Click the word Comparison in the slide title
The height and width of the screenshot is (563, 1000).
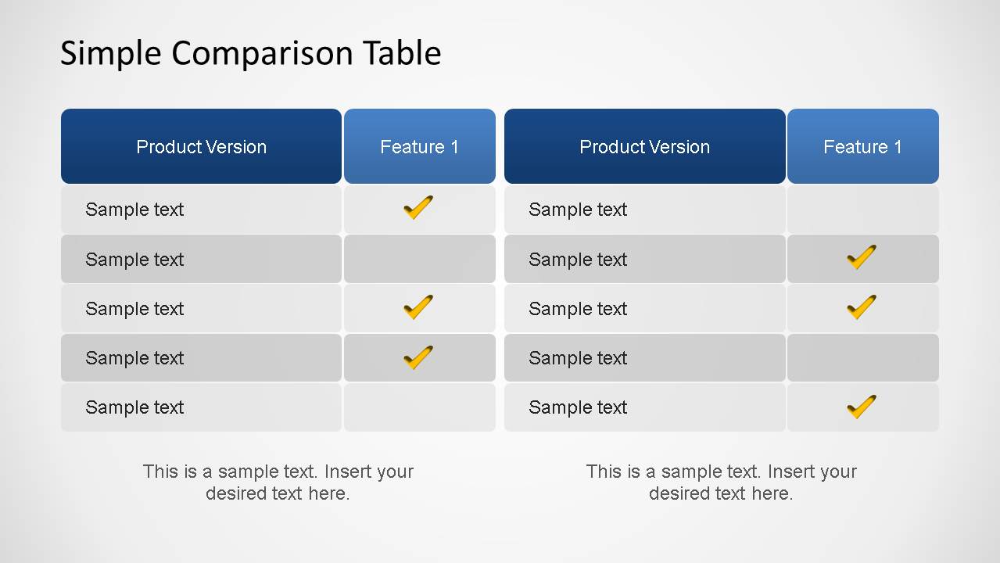[262, 53]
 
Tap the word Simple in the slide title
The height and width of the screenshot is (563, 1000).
[111, 53]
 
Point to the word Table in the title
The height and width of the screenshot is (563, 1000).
[401, 53]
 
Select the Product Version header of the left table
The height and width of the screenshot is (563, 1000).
[201, 147]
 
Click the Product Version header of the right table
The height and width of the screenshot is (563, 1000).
[644, 147]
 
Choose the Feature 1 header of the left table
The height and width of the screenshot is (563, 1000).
[419, 147]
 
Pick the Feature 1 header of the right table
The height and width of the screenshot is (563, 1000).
[862, 147]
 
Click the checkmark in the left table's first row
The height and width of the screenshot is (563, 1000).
[418, 208]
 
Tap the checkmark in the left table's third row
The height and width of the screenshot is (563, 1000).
[418, 307]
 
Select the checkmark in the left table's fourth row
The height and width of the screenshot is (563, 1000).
[418, 357]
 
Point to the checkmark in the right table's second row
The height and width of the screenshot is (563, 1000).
[861, 257]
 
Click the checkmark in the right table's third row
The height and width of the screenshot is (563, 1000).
[861, 307]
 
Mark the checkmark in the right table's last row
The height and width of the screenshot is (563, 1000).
[861, 407]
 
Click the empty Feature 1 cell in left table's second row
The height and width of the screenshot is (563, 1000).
[419, 259]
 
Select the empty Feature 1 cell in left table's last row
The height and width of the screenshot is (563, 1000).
[419, 407]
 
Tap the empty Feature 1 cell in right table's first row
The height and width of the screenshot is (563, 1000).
[862, 210]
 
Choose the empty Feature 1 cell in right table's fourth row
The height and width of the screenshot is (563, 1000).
[862, 358]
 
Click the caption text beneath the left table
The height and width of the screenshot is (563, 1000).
[278, 482]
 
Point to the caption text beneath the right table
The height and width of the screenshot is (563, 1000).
[721, 482]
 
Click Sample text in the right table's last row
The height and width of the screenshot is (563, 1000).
[578, 407]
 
